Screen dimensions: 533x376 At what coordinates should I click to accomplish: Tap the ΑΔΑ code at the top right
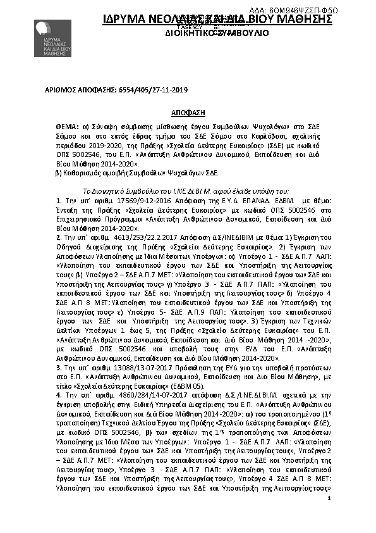307,11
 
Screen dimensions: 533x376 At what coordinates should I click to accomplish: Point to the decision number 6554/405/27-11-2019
149,91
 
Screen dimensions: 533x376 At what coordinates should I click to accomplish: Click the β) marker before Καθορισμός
59,172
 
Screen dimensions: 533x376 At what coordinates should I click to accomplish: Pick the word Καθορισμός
81,172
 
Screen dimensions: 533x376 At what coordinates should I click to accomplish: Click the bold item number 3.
58,367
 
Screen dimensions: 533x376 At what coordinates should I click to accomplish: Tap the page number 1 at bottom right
329,499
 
